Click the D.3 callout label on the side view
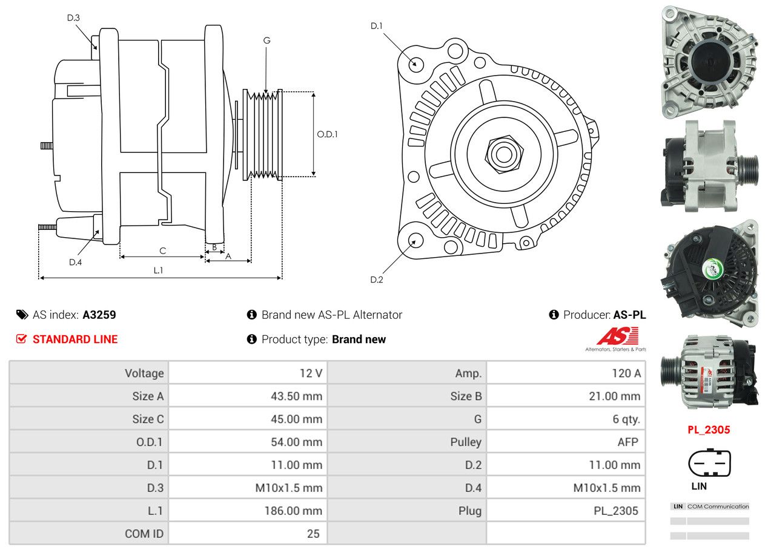[73, 18]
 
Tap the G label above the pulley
[267, 41]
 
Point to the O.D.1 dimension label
[327, 134]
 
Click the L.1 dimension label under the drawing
[158, 270]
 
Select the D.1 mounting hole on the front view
[416, 64]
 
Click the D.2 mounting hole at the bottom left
[415, 240]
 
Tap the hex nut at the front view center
[502, 154]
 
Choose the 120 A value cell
[626, 373]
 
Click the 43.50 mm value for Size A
[296, 396]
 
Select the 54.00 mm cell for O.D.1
[296, 442]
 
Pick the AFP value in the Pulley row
[628, 442]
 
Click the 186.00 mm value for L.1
[293, 511]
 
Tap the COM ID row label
[144, 534]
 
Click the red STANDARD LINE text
[75, 339]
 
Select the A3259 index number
[99, 315]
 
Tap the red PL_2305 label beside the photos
[709, 430]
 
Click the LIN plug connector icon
[709, 463]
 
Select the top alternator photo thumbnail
[709, 59]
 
